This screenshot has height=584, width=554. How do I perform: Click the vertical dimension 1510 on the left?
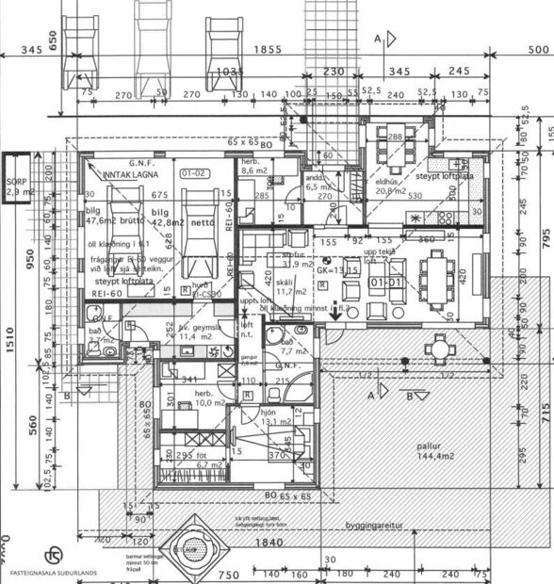click(x=8, y=334)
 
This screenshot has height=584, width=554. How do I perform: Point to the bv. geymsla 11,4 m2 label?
click(x=199, y=332)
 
